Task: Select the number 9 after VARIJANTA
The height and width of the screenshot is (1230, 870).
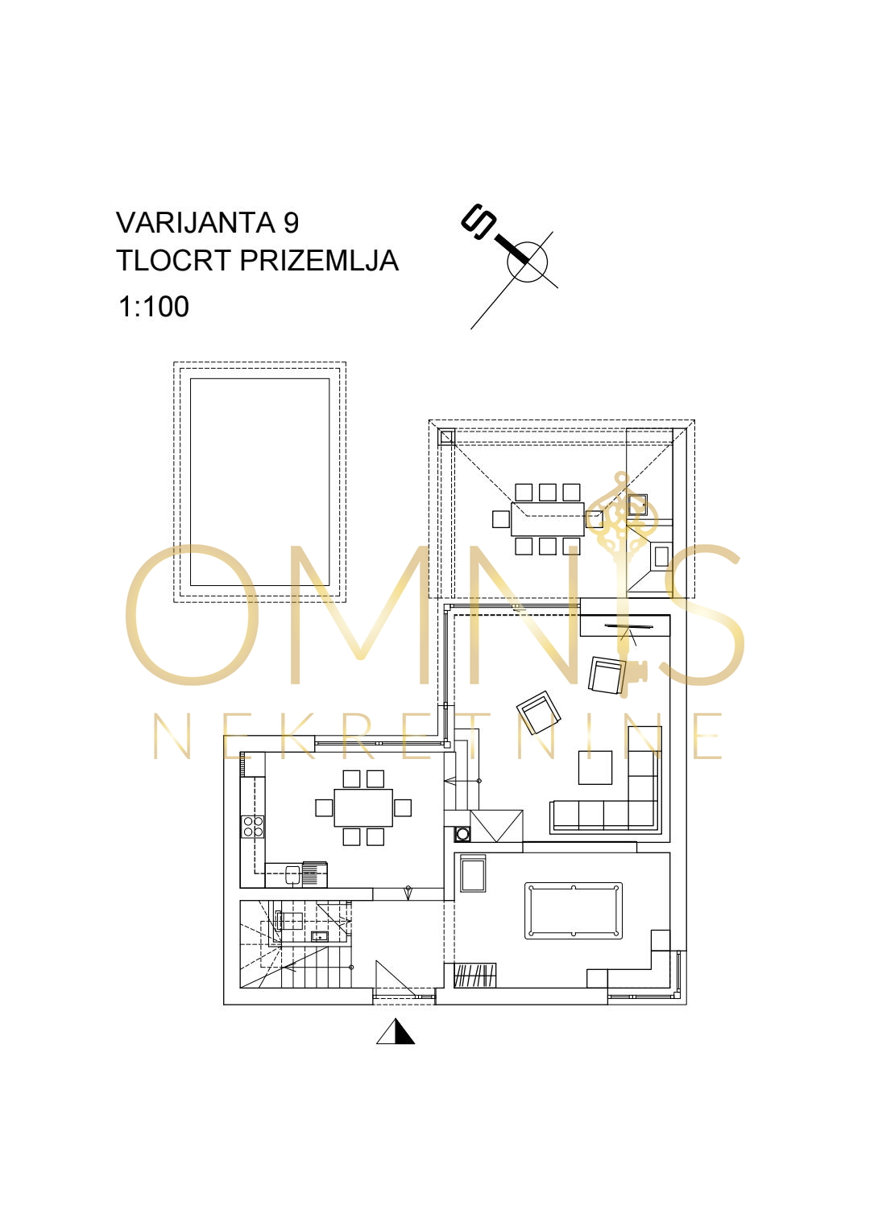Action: [x=292, y=222]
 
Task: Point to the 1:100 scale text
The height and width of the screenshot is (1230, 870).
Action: [x=154, y=307]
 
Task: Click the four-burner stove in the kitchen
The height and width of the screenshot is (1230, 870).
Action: [x=253, y=827]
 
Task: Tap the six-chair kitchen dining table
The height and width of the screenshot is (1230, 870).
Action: [x=363, y=807]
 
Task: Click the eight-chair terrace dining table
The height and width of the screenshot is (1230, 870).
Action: [x=548, y=519]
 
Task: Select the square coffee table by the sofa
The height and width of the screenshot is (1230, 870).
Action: [x=595, y=767]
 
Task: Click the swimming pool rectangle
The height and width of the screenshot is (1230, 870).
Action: [x=260, y=482]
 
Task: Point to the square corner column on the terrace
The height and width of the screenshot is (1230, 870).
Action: [x=447, y=437]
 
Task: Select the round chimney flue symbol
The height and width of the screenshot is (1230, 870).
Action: [x=462, y=834]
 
